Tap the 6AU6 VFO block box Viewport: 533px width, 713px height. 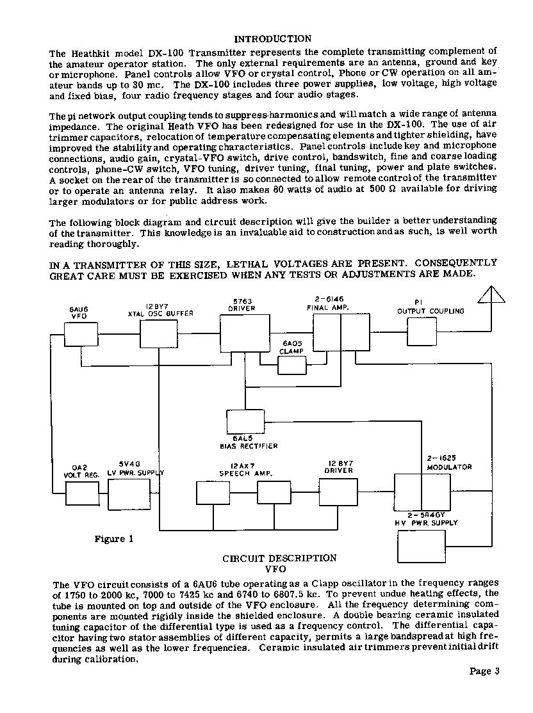(x=81, y=334)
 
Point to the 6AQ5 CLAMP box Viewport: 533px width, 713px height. (x=292, y=365)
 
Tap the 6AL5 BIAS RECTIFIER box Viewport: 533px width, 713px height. (x=245, y=421)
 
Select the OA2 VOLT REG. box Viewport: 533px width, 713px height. (x=83, y=493)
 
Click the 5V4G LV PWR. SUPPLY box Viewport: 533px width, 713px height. (x=128, y=494)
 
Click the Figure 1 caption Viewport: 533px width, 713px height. (x=114, y=539)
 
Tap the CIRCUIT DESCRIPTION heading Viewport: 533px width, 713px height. (x=279, y=558)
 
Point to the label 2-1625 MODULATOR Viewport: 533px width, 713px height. (x=449, y=463)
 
